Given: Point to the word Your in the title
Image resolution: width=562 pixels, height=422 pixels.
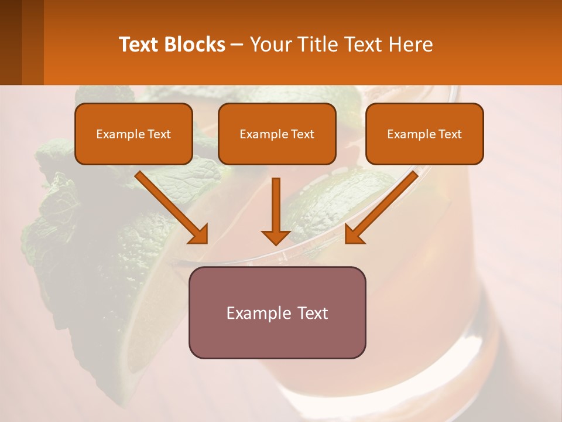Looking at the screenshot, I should (270, 45).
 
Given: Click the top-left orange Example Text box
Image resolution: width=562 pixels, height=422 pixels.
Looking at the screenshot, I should (133, 134).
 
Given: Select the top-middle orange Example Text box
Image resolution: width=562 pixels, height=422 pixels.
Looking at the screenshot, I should (277, 134).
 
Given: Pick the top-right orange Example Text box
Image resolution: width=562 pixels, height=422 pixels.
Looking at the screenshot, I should (424, 134).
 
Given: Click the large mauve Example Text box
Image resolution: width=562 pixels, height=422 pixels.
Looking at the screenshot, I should (277, 312).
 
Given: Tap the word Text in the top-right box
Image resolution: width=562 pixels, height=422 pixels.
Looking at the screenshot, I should (449, 134).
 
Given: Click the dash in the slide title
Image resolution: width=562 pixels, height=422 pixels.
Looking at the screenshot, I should (237, 45).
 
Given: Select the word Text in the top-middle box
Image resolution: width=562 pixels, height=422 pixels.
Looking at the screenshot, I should (301, 134).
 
